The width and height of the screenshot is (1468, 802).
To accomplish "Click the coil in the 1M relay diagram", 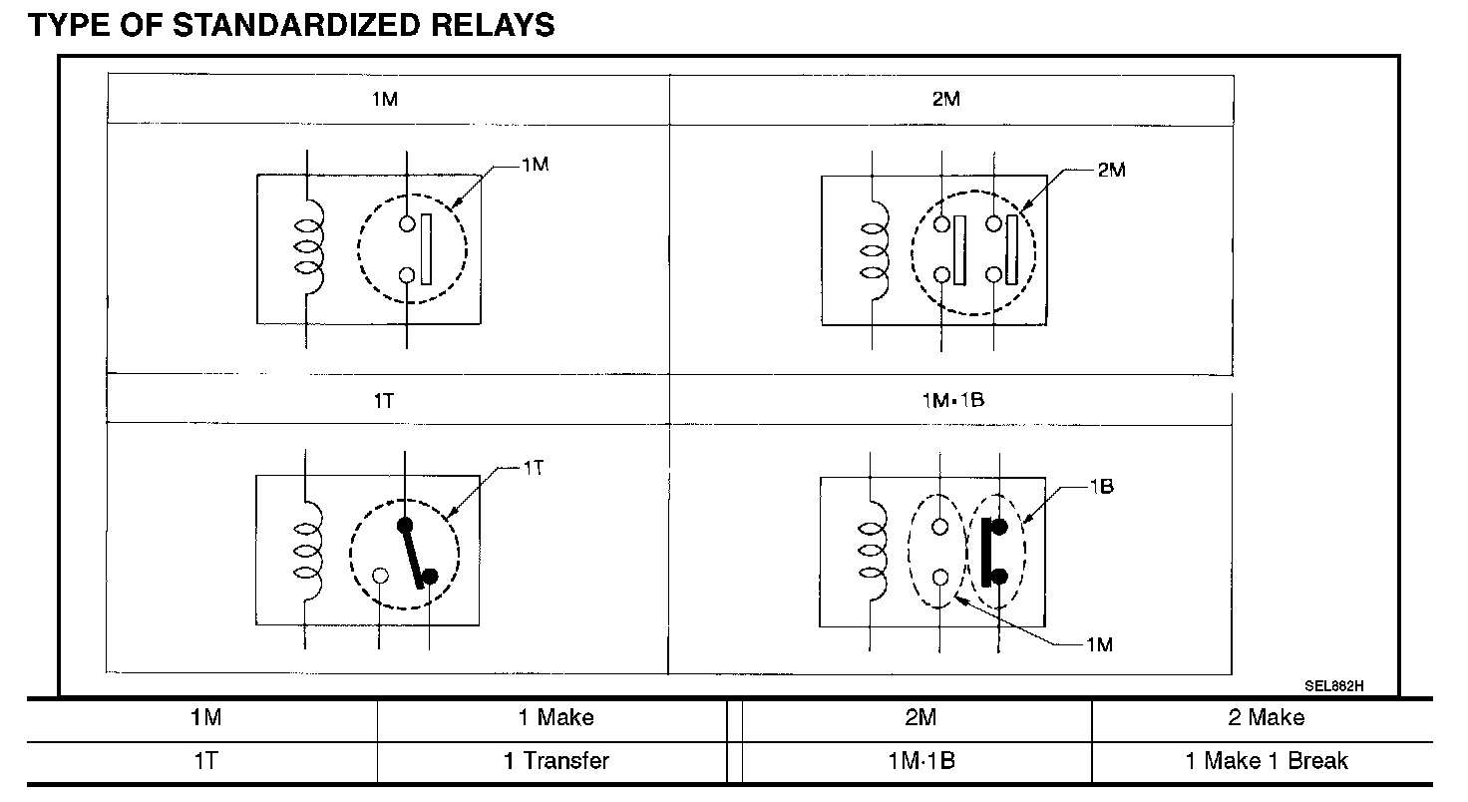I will (308, 245).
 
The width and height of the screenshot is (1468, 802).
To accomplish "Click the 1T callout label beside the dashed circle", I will (533, 467).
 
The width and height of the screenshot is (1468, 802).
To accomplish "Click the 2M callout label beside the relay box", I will (1111, 171).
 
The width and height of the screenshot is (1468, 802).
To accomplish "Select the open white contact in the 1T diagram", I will (380, 576).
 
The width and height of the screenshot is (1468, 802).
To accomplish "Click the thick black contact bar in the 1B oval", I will (986, 552).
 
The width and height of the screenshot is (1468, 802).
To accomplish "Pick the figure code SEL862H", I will (1333, 686).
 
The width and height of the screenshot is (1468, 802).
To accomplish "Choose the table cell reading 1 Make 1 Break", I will (1267, 761).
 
